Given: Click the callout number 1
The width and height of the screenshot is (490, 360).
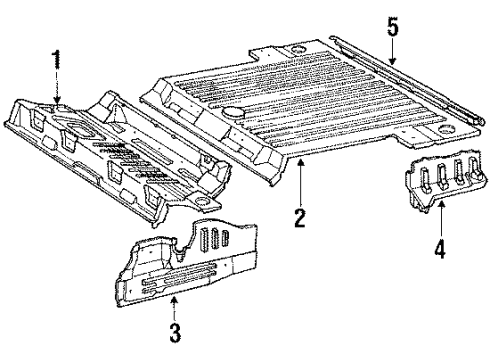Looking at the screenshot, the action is (57, 59).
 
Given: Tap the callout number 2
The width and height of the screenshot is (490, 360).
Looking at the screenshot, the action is (300, 218).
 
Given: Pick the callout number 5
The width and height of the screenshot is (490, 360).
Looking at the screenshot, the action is (393, 27).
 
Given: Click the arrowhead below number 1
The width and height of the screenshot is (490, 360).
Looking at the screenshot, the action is (57, 99).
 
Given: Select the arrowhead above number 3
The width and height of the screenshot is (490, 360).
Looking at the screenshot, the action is (174, 300).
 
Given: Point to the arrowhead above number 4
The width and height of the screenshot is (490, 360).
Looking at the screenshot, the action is (441, 205).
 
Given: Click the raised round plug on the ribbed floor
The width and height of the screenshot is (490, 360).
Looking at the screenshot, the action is (233, 112).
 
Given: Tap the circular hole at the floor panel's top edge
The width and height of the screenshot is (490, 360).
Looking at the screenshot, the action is (298, 50).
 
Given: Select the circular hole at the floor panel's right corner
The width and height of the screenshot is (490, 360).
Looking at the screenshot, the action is (446, 128).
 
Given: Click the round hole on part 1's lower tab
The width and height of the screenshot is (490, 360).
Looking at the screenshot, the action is (201, 201).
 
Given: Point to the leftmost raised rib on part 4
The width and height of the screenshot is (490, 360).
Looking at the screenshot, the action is (424, 180).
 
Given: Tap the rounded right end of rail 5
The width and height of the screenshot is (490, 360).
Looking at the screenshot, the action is (480, 122).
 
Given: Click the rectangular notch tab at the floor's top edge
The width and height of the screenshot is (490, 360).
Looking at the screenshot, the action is (265, 53).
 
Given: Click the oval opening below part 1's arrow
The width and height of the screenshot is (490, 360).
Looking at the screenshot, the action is (79, 129).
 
